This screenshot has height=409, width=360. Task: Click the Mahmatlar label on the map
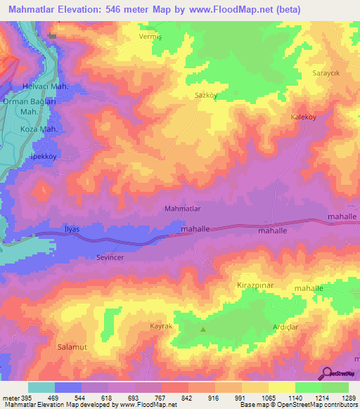click(x=183, y=209)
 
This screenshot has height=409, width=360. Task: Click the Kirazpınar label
click(x=252, y=287)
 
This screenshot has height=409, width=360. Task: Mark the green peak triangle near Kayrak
click(x=204, y=329)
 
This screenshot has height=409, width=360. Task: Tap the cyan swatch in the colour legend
click(x=41, y=387)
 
